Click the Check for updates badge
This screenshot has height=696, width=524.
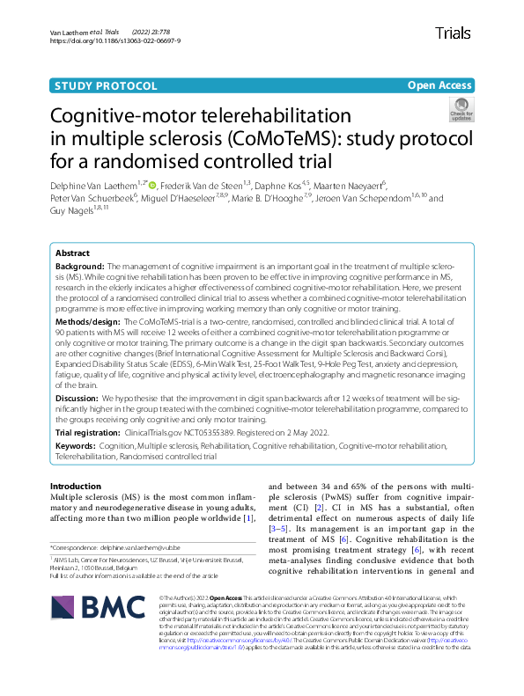tap(461, 110)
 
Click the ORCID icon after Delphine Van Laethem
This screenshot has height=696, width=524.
tap(152, 185)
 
